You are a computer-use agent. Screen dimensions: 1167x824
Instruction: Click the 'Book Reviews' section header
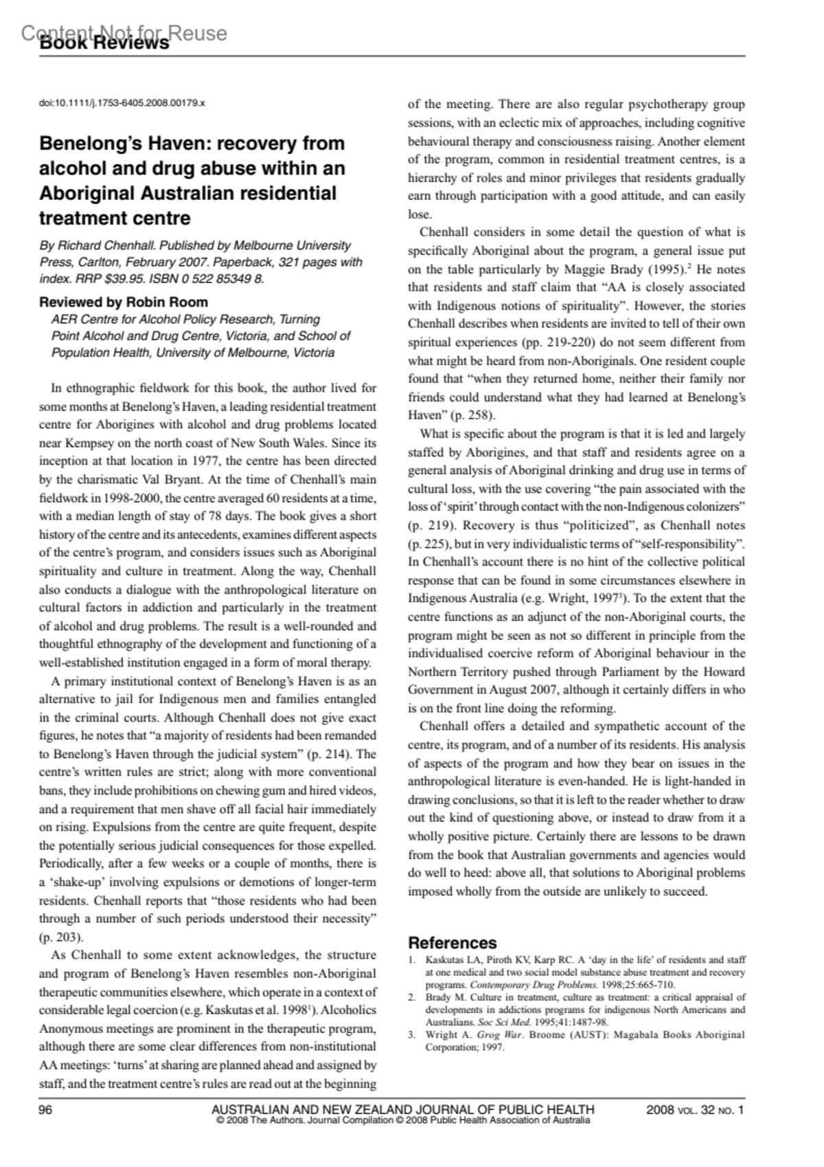[x=104, y=43]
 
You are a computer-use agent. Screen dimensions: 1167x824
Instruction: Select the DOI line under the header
[x=122, y=103]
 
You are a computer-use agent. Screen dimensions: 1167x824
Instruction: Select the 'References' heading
[x=452, y=943]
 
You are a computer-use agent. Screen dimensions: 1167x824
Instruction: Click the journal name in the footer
[x=402, y=1109]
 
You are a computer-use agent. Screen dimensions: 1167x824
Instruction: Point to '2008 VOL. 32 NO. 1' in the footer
[x=695, y=1109]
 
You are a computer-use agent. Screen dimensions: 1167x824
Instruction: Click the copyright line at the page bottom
[x=402, y=1120]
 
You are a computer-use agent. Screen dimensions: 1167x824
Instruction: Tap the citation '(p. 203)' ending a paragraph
[x=61, y=937]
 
